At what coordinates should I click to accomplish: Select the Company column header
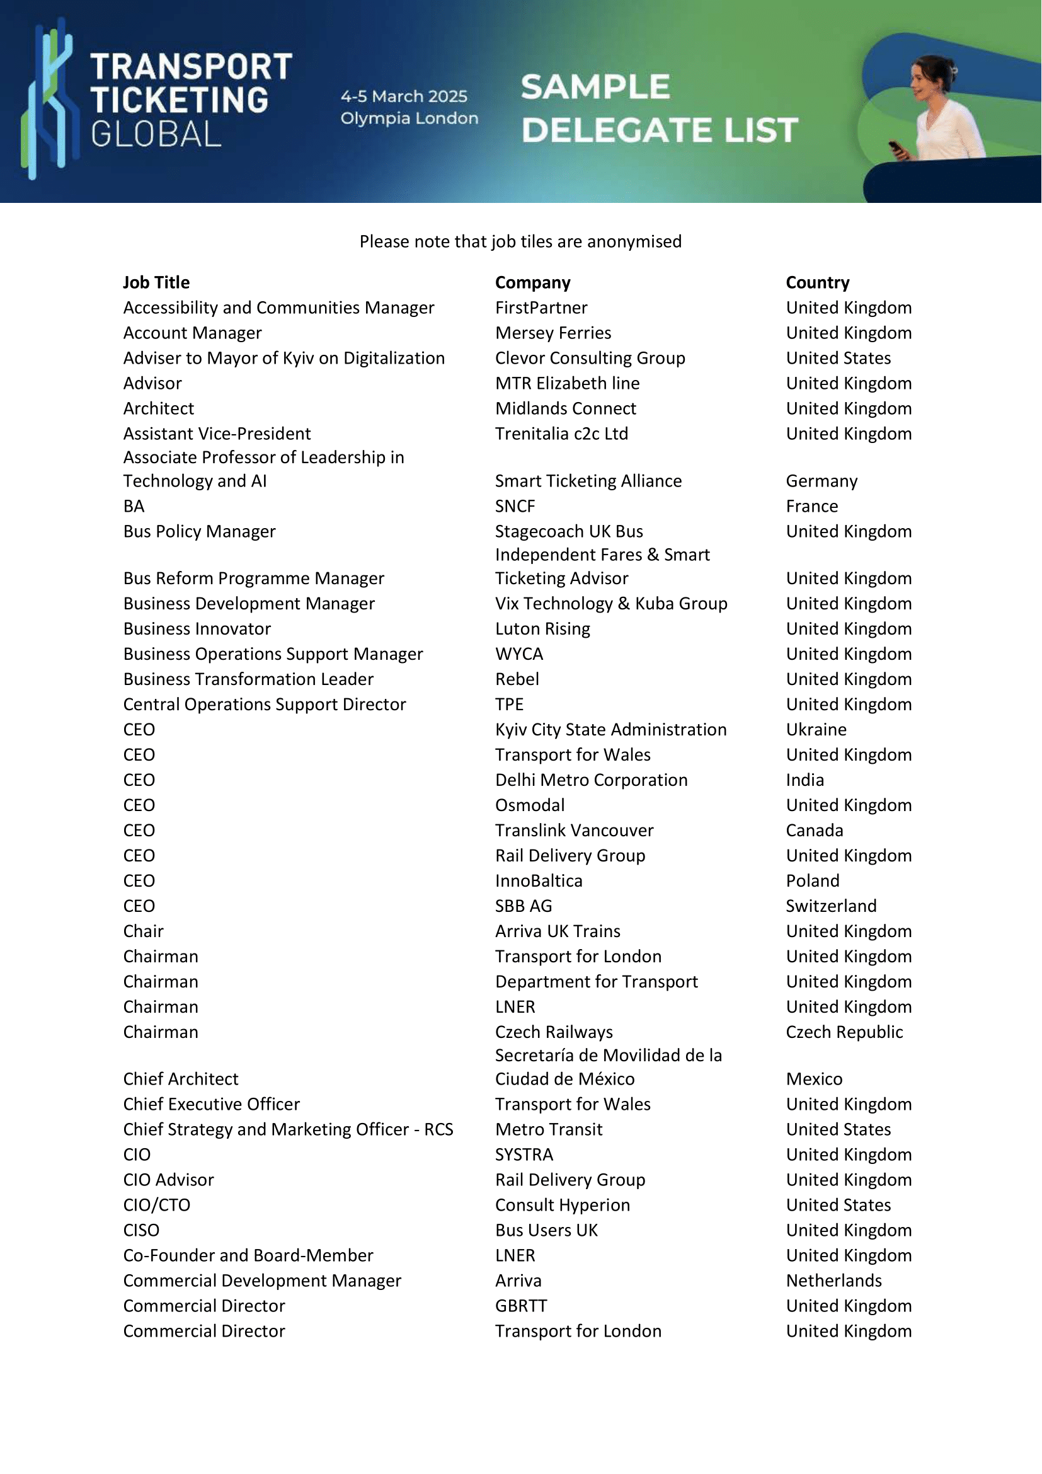pos(532,282)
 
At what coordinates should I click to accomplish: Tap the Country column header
pos(818,282)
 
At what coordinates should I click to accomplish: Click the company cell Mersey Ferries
pos(553,333)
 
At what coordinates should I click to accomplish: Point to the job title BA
pos(134,506)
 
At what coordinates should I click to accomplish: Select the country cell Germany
pos(822,481)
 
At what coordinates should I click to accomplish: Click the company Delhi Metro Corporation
pos(591,780)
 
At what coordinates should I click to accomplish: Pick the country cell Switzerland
pos(831,905)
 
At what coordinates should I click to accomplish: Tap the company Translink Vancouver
pos(575,830)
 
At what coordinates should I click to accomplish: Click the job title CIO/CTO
pos(157,1204)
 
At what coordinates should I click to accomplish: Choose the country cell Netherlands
pos(833,1280)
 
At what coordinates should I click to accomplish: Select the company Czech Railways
pos(554,1032)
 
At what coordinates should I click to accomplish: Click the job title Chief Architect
pos(181,1078)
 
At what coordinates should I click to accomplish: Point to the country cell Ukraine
pos(816,729)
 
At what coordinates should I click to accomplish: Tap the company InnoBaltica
pos(538,880)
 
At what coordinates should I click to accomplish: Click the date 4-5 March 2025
pos(404,96)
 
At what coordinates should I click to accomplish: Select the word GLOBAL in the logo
pos(156,135)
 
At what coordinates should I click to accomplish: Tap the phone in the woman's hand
pos(896,149)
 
